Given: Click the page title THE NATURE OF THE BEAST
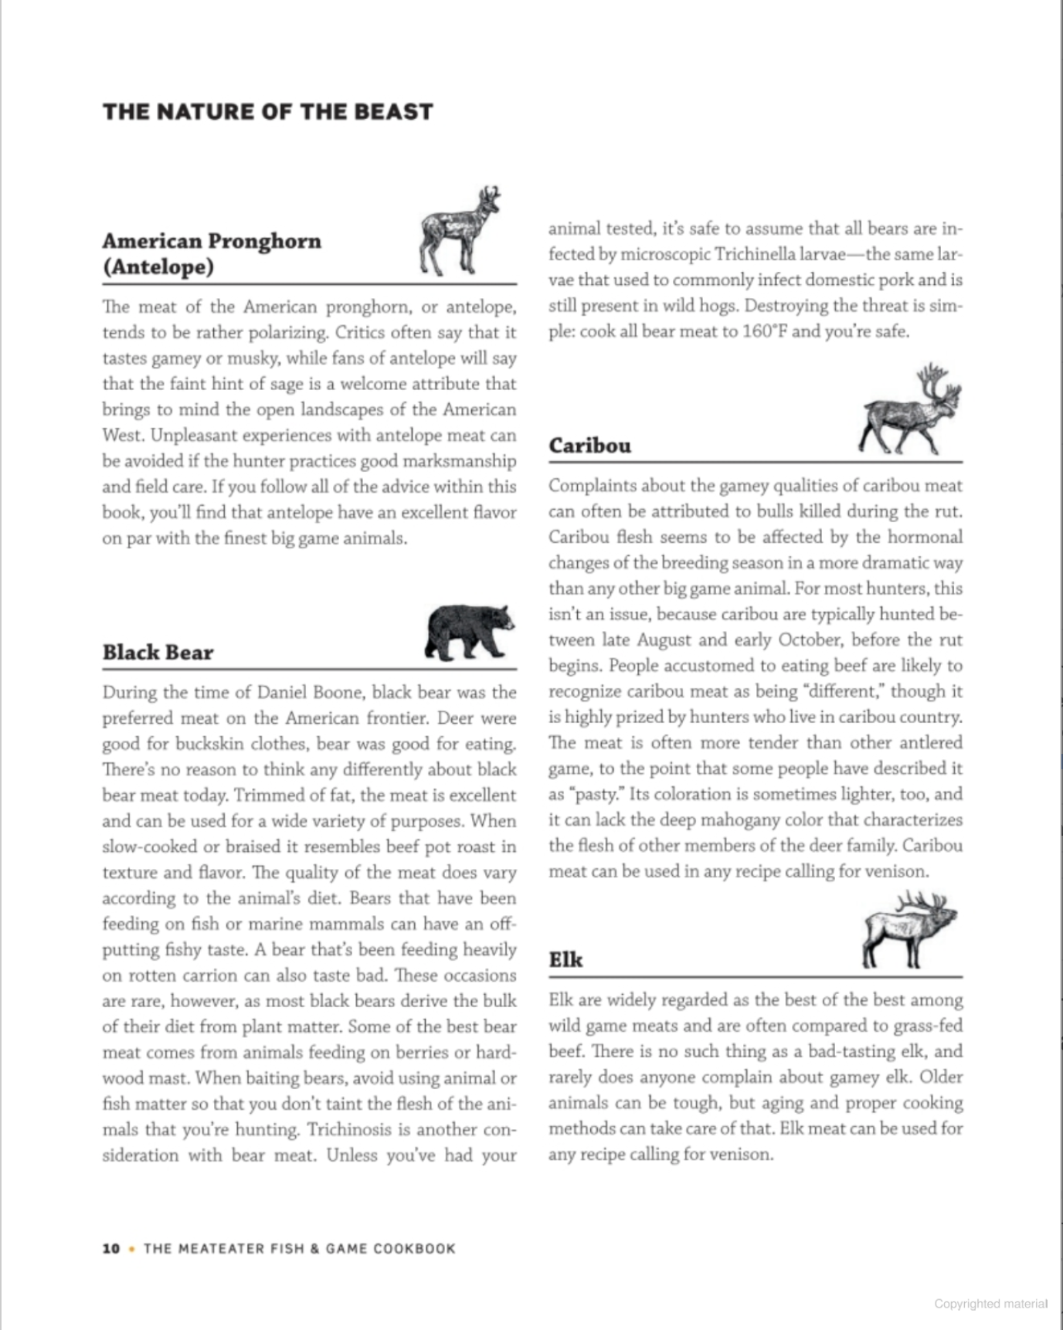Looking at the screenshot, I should click(x=267, y=112).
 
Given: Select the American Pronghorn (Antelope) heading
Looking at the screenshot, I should click(x=212, y=253).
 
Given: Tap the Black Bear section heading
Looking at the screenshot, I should click(x=158, y=653).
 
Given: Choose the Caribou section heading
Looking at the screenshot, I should click(x=589, y=446).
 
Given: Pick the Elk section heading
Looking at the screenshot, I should click(x=565, y=960).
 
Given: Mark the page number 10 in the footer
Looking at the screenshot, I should click(x=111, y=1249).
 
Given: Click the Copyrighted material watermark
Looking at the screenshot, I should click(x=990, y=1304).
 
